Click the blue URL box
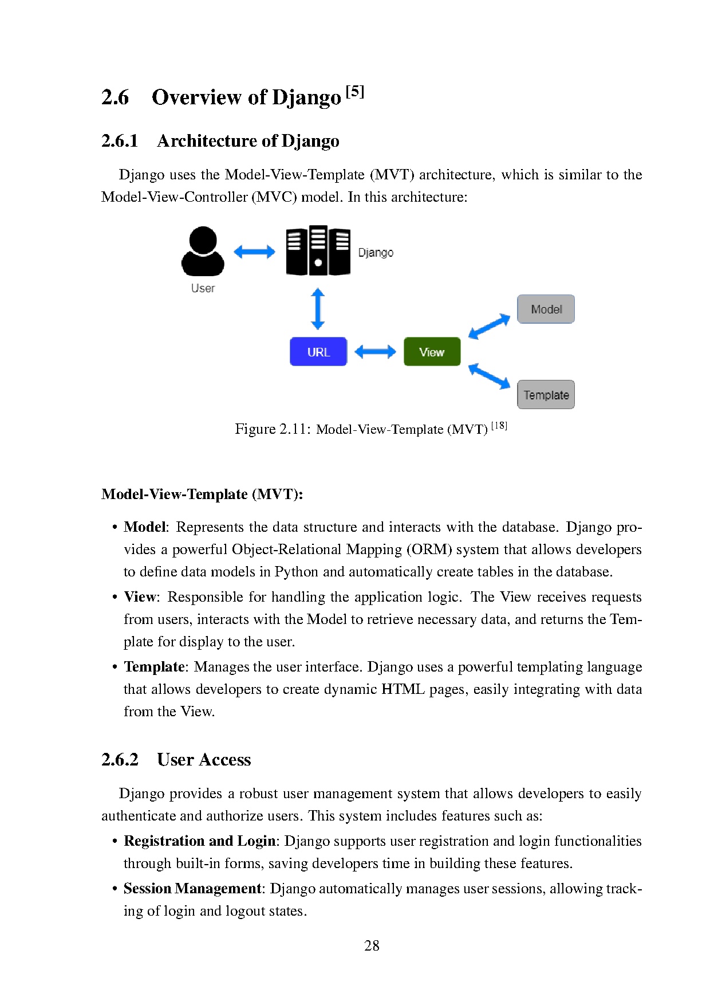[318, 352]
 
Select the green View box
[432, 352]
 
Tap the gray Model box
[546, 309]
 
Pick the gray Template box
[546, 395]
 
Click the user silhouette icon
[203, 252]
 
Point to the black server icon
[318, 250]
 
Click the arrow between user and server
[254, 252]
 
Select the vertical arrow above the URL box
[318, 309]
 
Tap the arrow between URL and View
[375, 352]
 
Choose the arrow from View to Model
[489, 326]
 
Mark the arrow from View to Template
[489, 376]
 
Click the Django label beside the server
[376, 253]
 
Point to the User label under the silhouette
[203, 288]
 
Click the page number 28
[372, 945]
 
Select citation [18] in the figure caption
[499, 426]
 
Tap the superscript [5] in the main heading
[355, 92]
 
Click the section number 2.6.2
[120, 760]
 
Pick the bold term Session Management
[192, 889]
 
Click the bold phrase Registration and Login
[200, 841]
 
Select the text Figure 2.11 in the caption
[272, 429]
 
